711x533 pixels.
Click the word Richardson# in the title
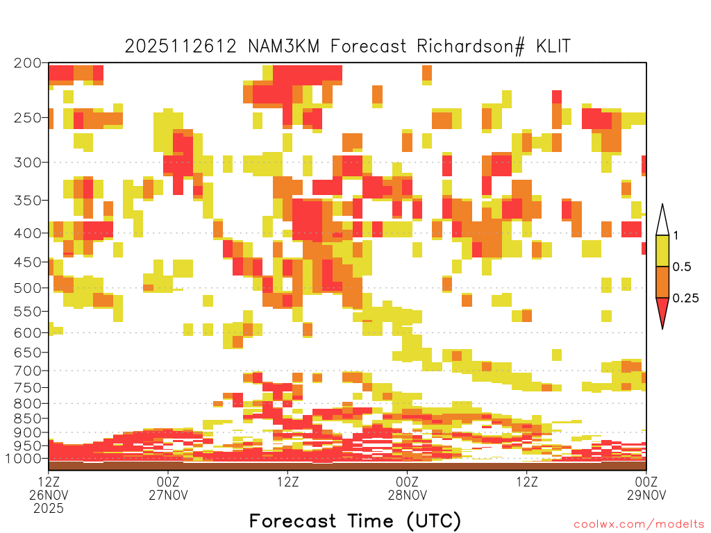tap(471, 46)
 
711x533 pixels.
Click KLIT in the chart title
tap(553, 46)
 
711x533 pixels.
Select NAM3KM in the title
tap(284, 46)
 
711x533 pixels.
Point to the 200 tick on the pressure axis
tap(28, 63)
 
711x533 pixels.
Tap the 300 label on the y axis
tap(28, 162)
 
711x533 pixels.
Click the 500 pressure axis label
tap(28, 288)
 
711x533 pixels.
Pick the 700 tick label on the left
tap(28, 371)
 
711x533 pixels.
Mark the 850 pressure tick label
tap(28, 418)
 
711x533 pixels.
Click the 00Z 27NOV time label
tap(168, 488)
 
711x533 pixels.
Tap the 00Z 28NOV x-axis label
tap(407, 488)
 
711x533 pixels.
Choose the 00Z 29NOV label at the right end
tap(646, 488)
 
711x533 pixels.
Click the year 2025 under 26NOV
tap(49, 508)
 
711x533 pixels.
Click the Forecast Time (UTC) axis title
tap(355, 521)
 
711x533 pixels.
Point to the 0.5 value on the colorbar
tap(682, 267)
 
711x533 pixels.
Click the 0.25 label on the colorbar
tap(685, 298)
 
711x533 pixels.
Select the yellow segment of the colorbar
tap(662, 251)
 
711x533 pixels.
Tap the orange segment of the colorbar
tap(662, 282)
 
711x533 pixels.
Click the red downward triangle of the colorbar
tap(662, 310)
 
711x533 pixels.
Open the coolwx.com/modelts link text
tap(639, 525)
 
